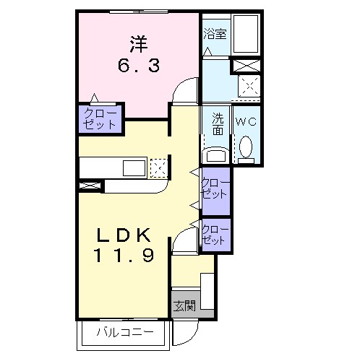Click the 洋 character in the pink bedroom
pos(139,44)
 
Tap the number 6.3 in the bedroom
pos(139,66)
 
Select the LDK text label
pos(124,235)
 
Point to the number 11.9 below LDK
pos(124,255)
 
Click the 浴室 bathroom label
pos(215,34)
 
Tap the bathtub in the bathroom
pos(247,34)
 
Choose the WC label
pos(246,122)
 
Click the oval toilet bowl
pos(246,147)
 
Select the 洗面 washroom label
pos(218,124)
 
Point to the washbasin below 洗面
pos(216,155)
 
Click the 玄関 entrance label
pos(184,306)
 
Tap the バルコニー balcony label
pos(125,332)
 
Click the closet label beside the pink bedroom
pos(100,118)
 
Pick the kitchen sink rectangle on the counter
pos(134,168)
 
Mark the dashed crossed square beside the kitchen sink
pos(158,168)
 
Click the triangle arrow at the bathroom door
pos(207,52)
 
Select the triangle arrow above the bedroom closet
pos(95,98)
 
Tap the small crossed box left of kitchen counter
pos(90,186)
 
